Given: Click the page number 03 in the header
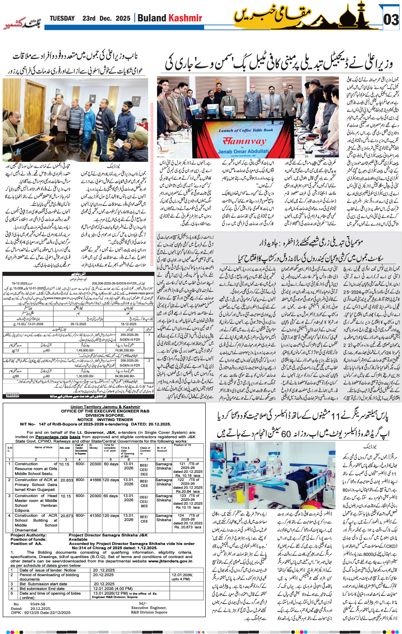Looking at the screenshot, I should tap(391, 20).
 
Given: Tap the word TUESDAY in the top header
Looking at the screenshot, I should tap(62, 18).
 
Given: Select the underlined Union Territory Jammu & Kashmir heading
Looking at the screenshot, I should tap(105, 407).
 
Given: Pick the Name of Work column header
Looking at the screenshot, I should tap(43, 447).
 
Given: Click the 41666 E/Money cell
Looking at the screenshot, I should tap(95, 480).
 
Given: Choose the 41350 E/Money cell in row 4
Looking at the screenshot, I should tap(95, 516).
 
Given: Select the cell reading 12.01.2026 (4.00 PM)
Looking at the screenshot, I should tap(113, 589).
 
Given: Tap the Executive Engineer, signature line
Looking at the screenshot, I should tap(149, 608).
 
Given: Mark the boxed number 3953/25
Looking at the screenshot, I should tap(13, 395).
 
